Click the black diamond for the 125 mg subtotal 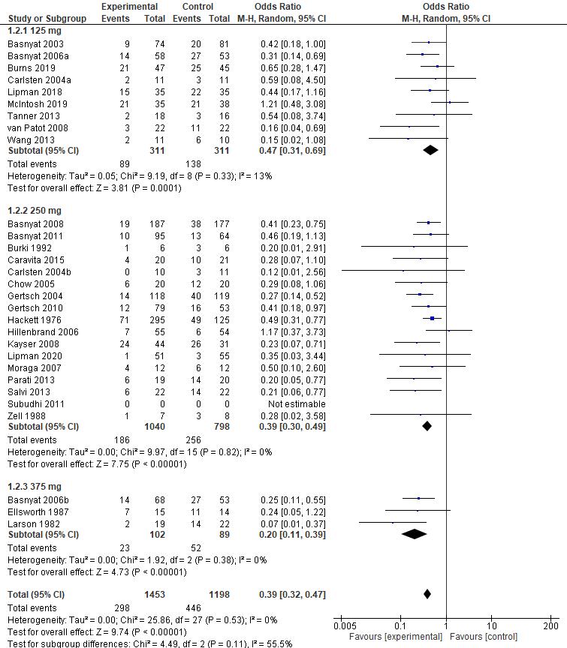click(x=430, y=150)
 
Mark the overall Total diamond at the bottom click(x=427, y=594)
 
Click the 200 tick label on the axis click(x=550, y=626)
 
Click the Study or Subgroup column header click(x=44, y=18)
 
